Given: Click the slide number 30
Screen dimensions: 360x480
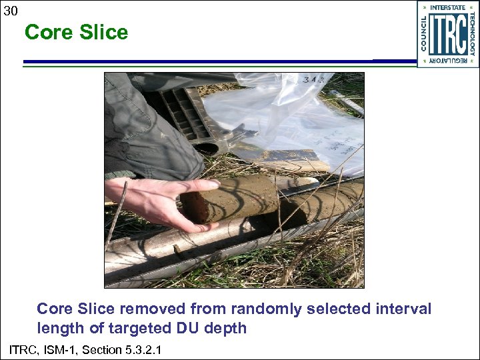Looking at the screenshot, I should pyautogui.click(x=11, y=11).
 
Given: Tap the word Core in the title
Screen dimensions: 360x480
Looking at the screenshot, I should pyautogui.click(x=47, y=33).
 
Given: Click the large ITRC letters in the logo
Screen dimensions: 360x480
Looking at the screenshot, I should pyautogui.click(x=447, y=35).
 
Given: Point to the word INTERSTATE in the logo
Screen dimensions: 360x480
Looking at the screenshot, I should pyautogui.click(x=448, y=8).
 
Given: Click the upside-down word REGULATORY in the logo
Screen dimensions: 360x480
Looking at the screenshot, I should pyautogui.click(x=448, y=61).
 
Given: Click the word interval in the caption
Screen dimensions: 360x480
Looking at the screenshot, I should pyautogui.click(x=404, y=309).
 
